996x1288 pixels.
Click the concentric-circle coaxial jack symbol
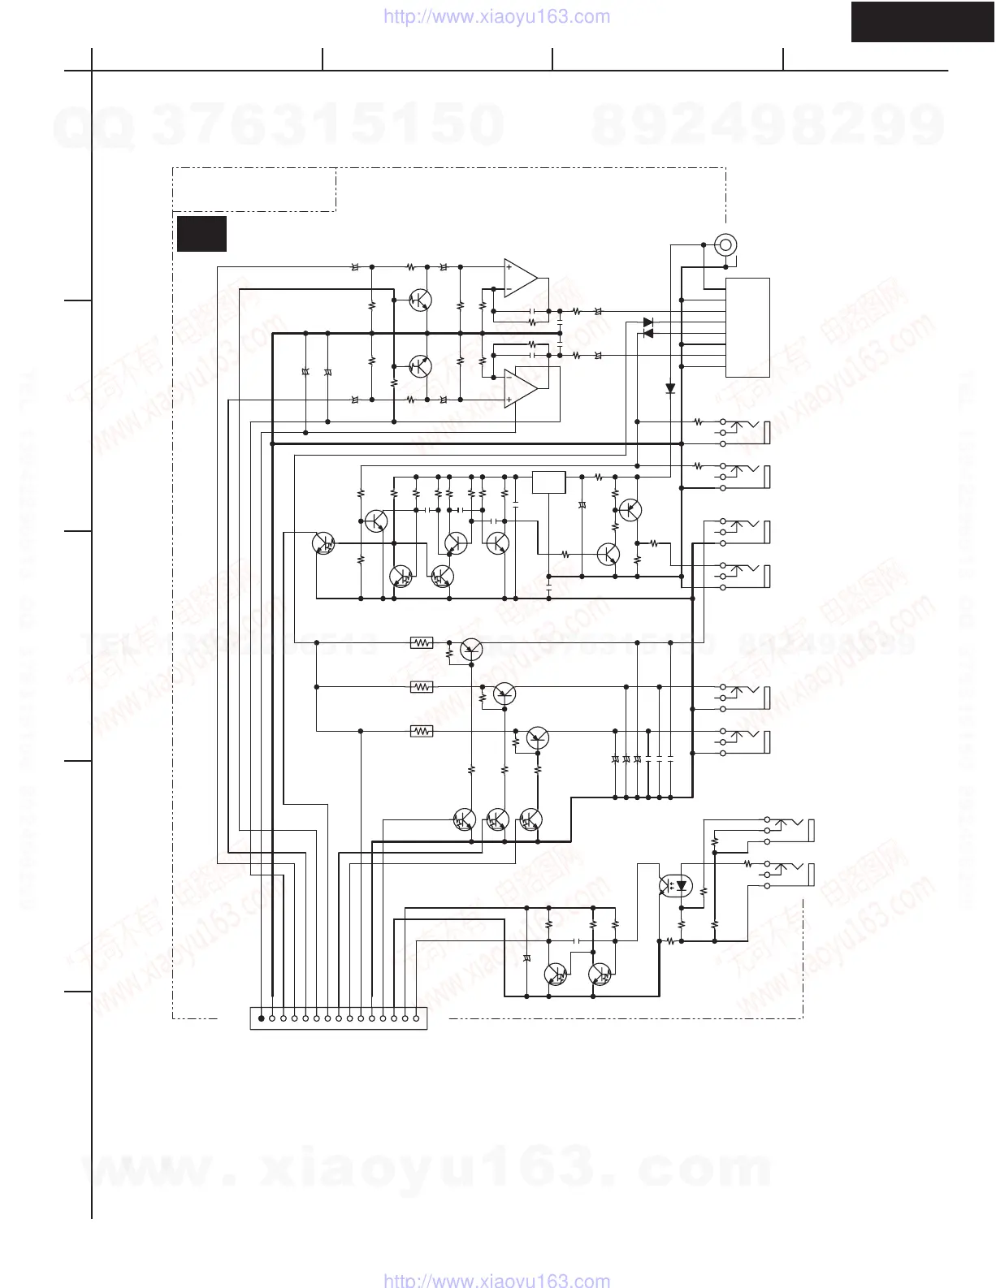725,243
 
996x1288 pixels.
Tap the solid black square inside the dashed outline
201,234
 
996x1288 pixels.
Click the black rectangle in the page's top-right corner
923,21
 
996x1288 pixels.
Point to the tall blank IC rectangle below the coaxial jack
748,327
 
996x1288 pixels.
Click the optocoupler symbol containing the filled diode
676,885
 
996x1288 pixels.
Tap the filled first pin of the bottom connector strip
260,1017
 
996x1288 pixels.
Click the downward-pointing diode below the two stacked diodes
670,389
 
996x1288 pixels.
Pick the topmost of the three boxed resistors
421,642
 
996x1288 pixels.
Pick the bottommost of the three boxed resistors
421,731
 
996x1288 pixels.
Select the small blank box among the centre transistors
549,482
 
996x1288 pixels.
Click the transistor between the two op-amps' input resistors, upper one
419,300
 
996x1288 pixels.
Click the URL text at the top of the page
496,16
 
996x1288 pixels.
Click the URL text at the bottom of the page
496,1280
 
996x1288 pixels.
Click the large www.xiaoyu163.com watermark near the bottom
427,1167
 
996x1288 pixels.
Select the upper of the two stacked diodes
647,322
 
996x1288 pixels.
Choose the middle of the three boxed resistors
421,687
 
